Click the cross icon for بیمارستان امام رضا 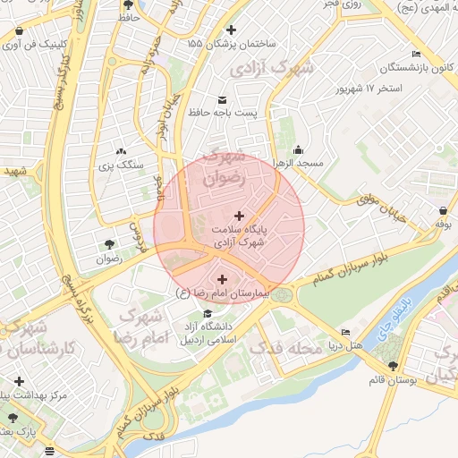[222, 279]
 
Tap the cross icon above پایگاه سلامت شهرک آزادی [239, 215]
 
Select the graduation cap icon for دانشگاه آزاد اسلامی [208, 313]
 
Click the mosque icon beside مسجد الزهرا [298, 149]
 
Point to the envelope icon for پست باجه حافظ [222, 99]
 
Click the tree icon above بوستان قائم [393, 366]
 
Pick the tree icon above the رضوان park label [109, 243]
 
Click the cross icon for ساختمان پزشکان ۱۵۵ [232, 29]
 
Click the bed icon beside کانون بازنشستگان [415, 53]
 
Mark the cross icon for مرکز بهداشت [20, 382]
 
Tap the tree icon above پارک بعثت [13, 417]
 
